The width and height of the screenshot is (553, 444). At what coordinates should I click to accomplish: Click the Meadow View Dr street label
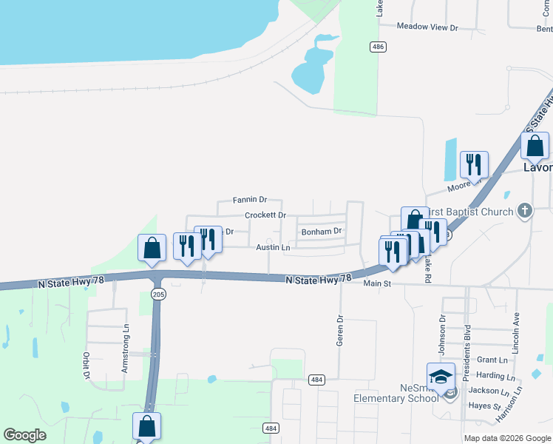pyautogui.click(x=427, y=27)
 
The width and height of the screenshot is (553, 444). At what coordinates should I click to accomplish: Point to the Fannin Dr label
pyautogui.click(x=249, y=200)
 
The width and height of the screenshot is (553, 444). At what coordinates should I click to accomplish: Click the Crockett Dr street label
pyautogui.click(x=265, y=215)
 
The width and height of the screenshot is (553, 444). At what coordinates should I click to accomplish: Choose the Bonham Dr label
pyautogui.click(x=322, y=231)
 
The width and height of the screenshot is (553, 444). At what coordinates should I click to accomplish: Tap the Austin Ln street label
pyautogui.click(x=273, y=247)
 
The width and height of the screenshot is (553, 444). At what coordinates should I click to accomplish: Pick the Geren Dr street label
pyautogui.click(x=340, y=332)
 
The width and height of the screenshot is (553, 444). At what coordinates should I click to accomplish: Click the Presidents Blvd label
pyautogui.click(x=467, y=353)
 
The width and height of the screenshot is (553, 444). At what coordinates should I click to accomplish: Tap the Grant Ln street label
pyautogui.click(x=492, y=360)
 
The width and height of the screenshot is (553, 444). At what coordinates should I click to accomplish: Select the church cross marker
pyautogui.click(x=524, y=212)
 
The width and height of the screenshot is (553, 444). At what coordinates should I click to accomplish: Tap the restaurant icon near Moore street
pyautogui.click(x=473, y=164)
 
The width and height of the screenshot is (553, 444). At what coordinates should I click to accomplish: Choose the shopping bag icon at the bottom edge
pyautogui.click(x=146, y=425)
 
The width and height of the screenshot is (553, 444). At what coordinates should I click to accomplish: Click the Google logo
pyautogui.click(x=24, y=435)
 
